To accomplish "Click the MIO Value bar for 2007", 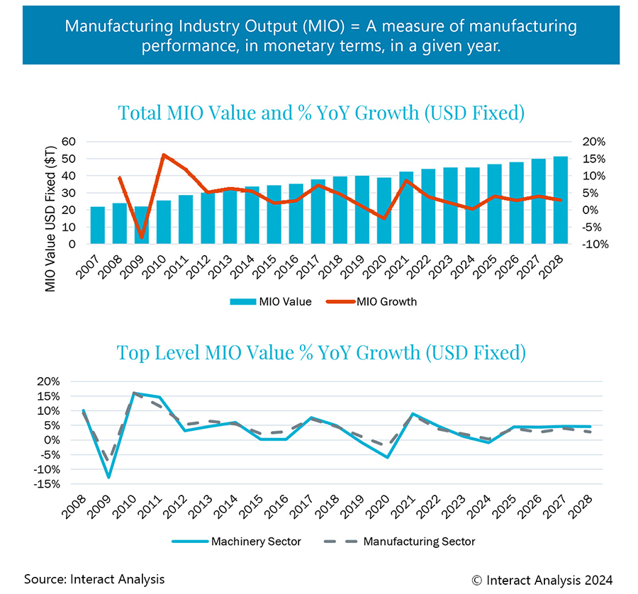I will click(98, 225).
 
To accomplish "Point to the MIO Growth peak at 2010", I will click(164, 155).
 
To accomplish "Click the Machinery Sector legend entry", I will click(237, 542).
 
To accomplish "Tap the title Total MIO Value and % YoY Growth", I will click(321, 113).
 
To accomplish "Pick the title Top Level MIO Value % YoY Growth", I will click(321, 352).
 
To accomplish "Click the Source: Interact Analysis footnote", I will click(94, 578).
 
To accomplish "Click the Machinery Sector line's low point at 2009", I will click(108, 478).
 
